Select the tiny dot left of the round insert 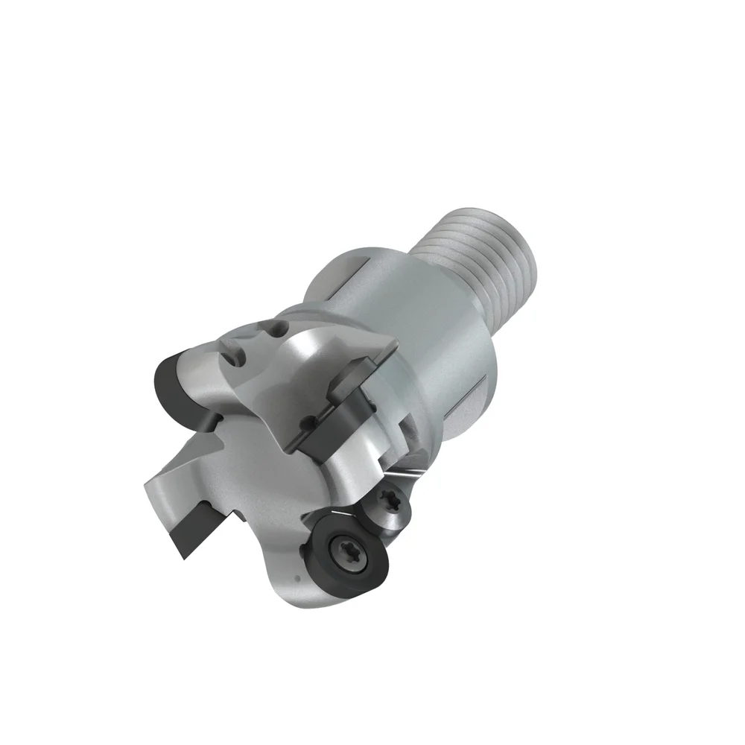297,578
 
